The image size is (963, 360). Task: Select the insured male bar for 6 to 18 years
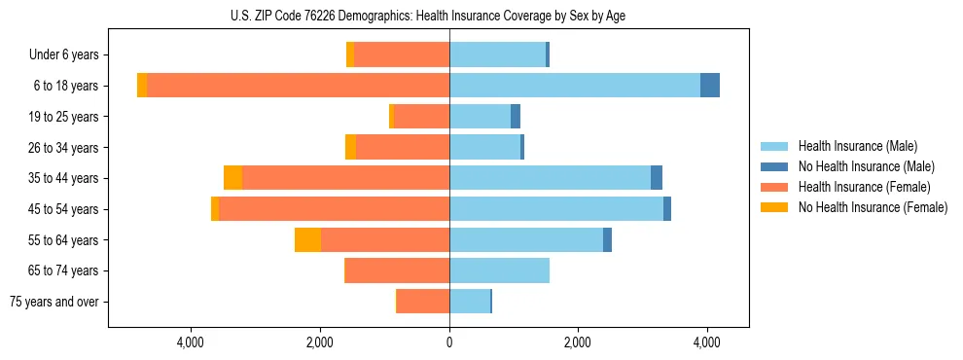point(574,86)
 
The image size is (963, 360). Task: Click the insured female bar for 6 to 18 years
point(298,86)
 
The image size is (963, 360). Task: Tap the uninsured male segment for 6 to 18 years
point(710,86)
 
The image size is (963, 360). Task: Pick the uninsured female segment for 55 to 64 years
point(307,240)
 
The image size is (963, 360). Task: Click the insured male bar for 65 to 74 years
point(499,270)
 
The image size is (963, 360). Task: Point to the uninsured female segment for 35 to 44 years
point(232,178)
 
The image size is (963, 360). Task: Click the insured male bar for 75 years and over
point(470,302)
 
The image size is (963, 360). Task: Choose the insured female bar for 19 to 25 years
point(421,117)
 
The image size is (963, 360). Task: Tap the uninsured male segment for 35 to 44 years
point(657,178)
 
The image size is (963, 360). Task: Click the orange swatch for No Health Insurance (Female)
point(775,207)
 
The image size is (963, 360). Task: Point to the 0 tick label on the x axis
point(449,342)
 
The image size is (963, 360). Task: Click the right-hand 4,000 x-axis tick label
point(707,342)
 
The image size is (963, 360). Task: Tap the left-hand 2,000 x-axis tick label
point(320,342)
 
